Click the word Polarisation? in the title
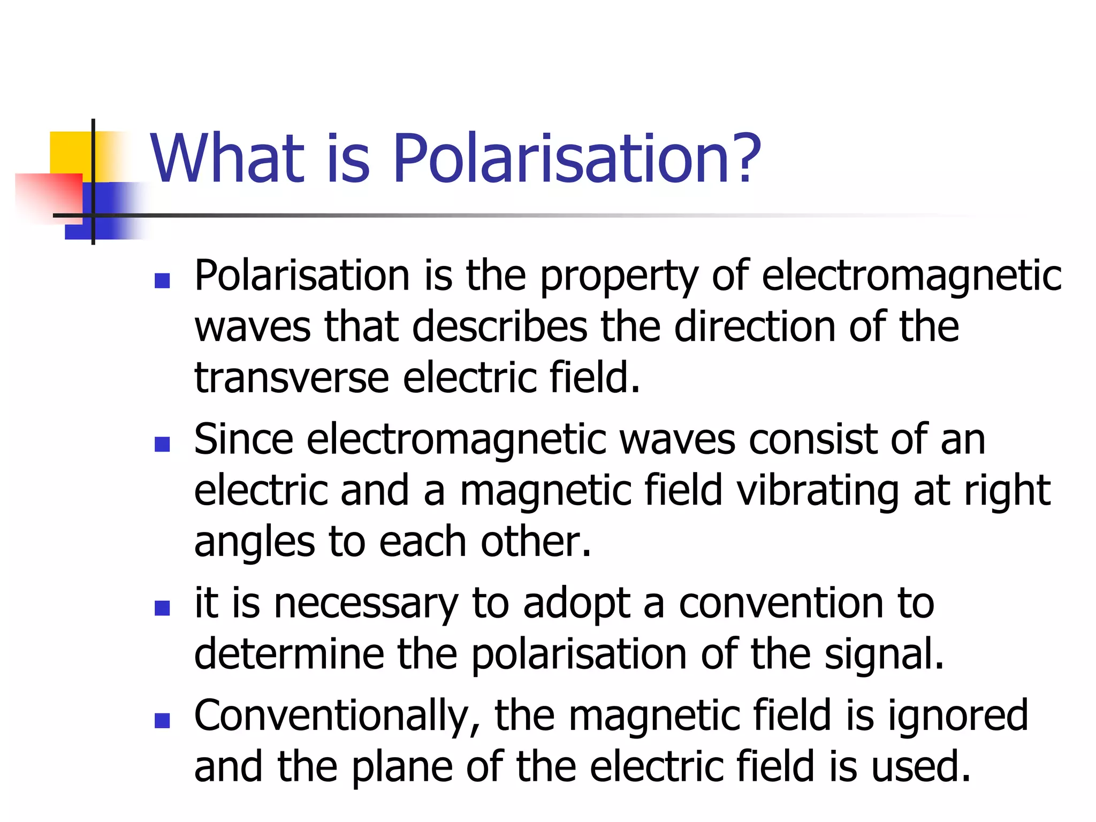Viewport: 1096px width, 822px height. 577,159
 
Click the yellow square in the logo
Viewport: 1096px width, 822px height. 70,153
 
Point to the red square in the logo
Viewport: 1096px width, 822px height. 48,195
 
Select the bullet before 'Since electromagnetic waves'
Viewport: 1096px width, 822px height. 162,444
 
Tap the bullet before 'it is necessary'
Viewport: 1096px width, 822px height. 162,608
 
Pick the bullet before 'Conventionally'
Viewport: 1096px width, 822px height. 162,720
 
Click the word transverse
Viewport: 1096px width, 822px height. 292,378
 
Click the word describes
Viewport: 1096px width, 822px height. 500,326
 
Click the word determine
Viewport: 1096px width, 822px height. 289,654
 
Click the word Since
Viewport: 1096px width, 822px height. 243,440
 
